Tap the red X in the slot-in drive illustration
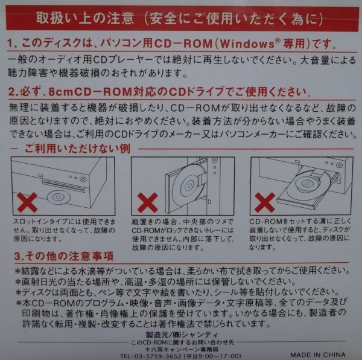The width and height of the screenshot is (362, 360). (x=27, y=202)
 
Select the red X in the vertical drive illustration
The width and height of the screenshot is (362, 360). (x=147, y=202)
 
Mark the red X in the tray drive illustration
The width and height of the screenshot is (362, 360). (x=265, y=202)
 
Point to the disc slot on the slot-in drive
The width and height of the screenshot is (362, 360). (x=63, y=186)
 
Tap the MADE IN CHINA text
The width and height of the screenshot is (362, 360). (x=318, y=355)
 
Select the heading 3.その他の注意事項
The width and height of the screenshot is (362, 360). (x=64, y=256)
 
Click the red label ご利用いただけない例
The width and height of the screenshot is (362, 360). (x=77, y=149)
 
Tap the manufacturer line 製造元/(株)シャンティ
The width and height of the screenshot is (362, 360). (x=182, y=335)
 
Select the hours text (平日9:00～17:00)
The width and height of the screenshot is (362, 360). (x=212, y=356)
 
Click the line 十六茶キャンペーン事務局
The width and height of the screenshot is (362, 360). (x=182, y=349)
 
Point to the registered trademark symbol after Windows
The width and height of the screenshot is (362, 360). (x=278, y=40)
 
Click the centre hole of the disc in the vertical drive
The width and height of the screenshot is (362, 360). (x=189, y=185)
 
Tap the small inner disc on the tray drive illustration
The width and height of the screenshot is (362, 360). (x=307, y=184)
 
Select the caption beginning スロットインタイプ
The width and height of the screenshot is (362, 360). (x=64, y=230)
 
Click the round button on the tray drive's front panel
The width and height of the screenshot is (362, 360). (x=339, y=165)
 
